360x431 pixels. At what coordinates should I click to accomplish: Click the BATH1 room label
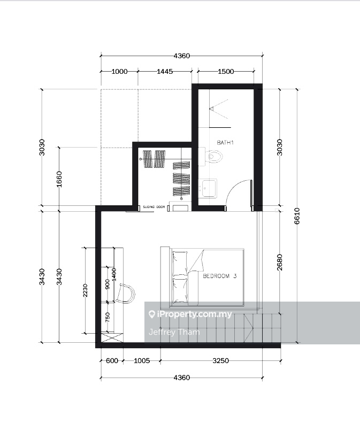pyautogui.click(x=226, y=143)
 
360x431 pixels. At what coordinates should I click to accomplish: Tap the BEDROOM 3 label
pyautogui.click(x=219, y=276)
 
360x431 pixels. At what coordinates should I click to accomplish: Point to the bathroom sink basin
pyautogui.click(x=208, y=188)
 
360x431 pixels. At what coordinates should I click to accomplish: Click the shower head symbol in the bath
pyautogui.click(x=212, y=109)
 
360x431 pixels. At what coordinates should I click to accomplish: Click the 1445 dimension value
pyautogui.click(x=164, y=72)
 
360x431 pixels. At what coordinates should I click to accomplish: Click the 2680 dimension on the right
pyautogui.click(x=280, y=263)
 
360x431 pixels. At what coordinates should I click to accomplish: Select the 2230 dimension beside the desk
pyautogui.click(x=85, y=290)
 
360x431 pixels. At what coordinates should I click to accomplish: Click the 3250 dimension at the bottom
pyautogui.click(x=220, y=361)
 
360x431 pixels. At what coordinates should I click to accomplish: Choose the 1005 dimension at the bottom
pyautogui.click(x=141, y=361)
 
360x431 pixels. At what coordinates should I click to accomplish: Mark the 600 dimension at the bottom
pyautogui.click(x=112, y=361)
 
